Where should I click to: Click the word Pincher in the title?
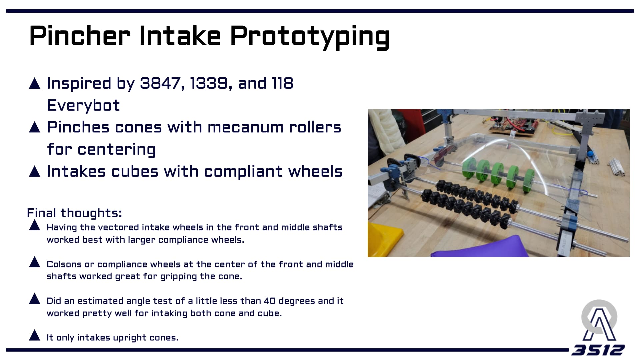click(80, 35)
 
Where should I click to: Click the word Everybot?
click(83, 106)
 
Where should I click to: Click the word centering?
click(117, 150)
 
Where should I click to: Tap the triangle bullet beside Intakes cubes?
click(35, 171)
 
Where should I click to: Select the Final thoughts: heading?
click(74, 213)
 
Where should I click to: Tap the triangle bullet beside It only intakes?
click(35, 335)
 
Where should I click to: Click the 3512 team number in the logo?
click(598, 350)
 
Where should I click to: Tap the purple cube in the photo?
click(480, 247)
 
